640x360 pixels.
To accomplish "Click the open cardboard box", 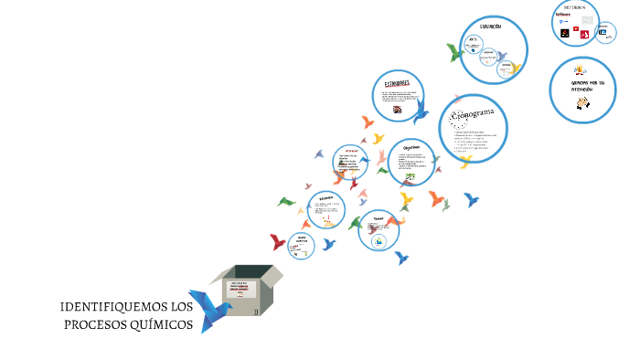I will point(248,290).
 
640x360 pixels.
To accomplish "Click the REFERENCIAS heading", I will point(575,6).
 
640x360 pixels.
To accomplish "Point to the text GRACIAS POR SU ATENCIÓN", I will point(581,85).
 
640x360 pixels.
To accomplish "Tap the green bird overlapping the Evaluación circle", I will point(455,52).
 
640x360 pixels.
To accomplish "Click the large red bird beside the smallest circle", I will point(278,242).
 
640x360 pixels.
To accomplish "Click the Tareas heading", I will point(377,217).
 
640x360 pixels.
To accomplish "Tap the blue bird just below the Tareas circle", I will point(400,258).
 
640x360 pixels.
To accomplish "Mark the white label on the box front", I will point(240,292).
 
